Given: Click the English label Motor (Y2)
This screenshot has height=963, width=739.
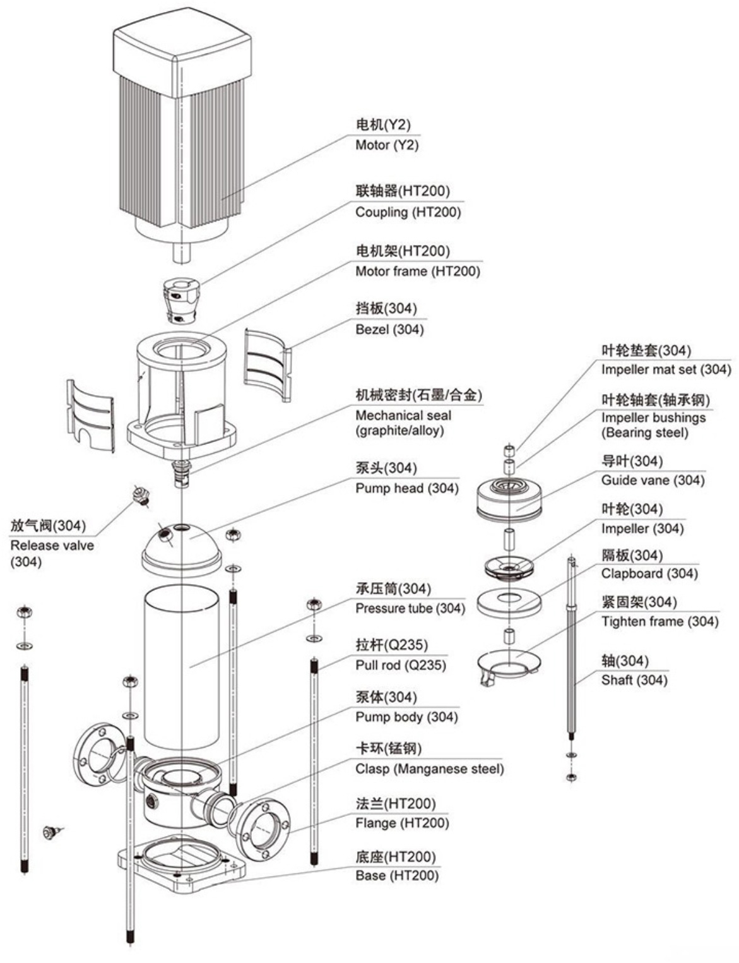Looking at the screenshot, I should coord(387,145).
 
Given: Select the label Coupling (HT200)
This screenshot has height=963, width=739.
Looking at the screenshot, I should coord(408,212).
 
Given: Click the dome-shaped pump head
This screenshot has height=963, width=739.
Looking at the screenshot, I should coord(181,546).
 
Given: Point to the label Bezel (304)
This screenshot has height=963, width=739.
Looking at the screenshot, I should coord(389,330).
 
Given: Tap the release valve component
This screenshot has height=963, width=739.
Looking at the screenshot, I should coord(141,495).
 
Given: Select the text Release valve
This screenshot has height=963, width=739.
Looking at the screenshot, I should coord(52,546).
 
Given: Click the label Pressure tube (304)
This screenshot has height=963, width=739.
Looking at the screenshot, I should coord(410,609).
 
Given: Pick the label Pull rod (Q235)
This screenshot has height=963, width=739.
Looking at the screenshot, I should coord(400,666).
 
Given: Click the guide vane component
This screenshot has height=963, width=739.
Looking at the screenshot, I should coord(509,499).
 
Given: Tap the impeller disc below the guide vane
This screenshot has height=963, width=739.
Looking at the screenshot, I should coord(509,566).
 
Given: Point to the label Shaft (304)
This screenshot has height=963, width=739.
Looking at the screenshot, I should coord(634,681).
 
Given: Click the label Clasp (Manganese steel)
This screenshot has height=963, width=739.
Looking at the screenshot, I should coord(429,769).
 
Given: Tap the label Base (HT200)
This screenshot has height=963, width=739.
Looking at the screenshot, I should coord(396,876).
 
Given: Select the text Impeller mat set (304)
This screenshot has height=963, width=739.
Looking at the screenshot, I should coord(665,369).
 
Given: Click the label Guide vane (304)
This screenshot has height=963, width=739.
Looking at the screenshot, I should coord(652,481).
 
